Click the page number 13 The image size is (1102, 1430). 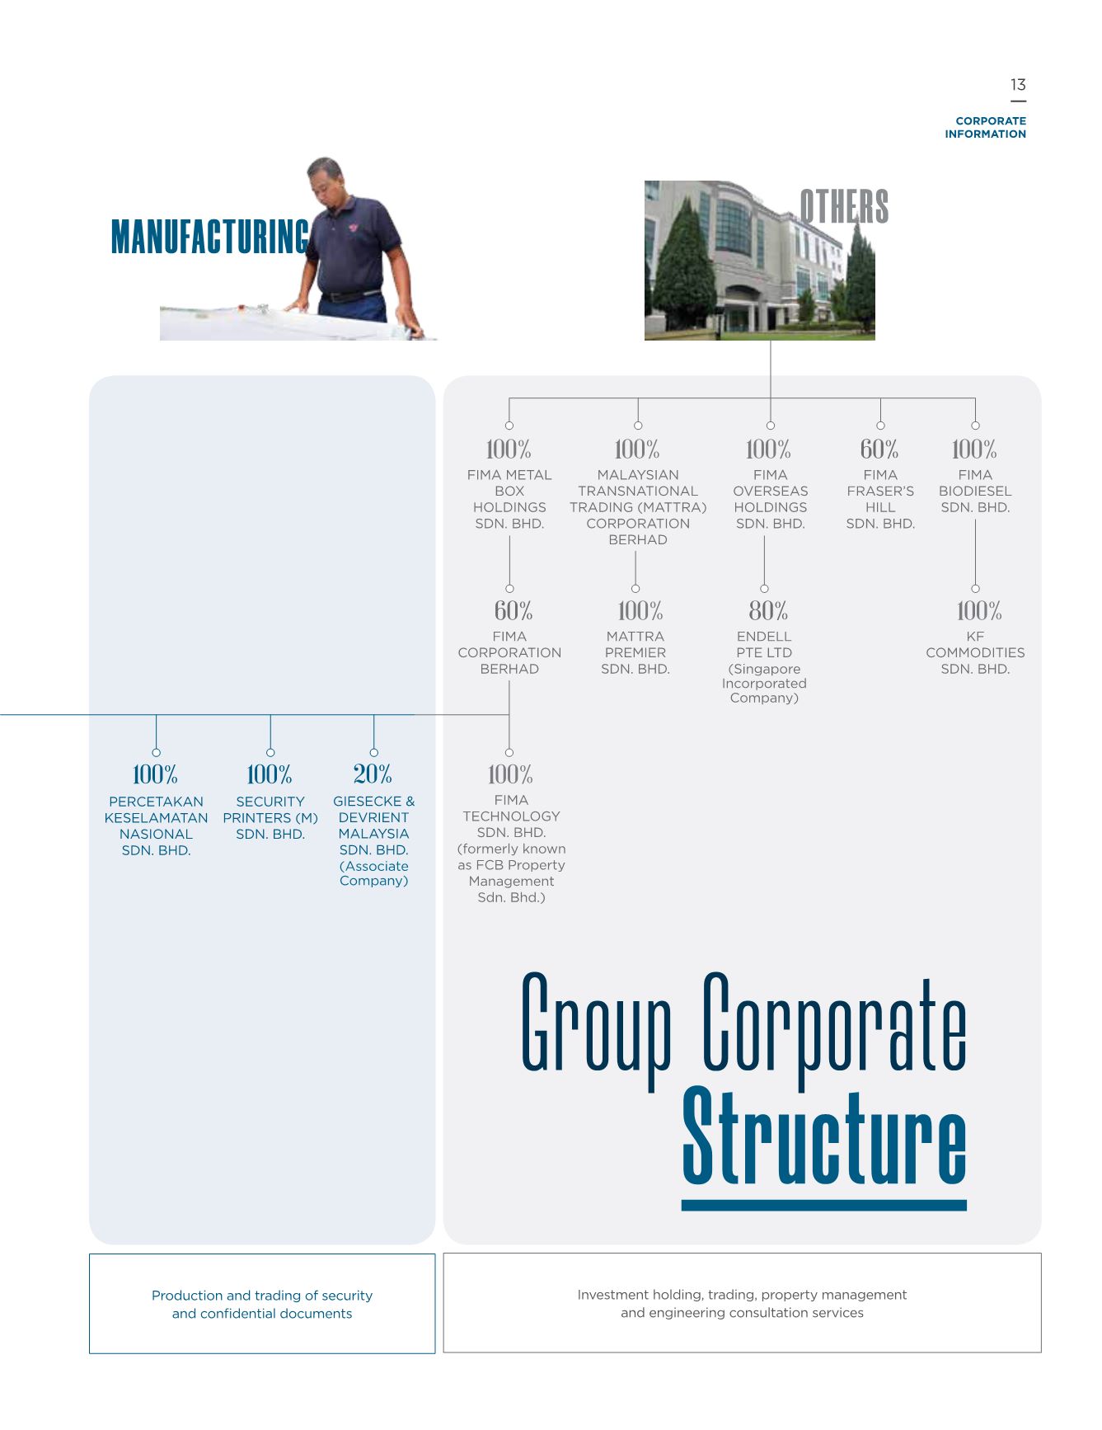tap(1018, 85)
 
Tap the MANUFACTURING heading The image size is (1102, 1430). tap(209, 237)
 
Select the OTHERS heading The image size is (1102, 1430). tap(844, 206)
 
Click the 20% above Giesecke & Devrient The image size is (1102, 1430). tap(373, 774)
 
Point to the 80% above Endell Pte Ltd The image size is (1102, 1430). tap(768, 611)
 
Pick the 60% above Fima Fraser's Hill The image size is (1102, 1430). tap(879, 449)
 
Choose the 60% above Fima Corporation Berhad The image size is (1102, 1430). tap(513, 611)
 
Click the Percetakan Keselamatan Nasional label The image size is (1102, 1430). tap(156, 826)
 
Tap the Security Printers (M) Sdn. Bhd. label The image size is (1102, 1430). tap(270, 818)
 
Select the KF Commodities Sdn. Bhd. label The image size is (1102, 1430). tap(975, 652)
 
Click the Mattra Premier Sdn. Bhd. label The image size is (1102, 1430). tap(635, 652)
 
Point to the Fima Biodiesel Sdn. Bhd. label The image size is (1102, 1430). tap(975, 491)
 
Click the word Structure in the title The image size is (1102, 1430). tap(824, 1137)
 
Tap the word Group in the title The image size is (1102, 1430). tap(597, 1027)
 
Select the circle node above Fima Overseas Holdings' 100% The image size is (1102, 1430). tap(771, 426)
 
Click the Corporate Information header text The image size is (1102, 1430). tap(985, 127)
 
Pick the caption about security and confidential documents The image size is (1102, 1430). tap(262, 1305)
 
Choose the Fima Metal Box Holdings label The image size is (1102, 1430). tap(509, 499)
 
